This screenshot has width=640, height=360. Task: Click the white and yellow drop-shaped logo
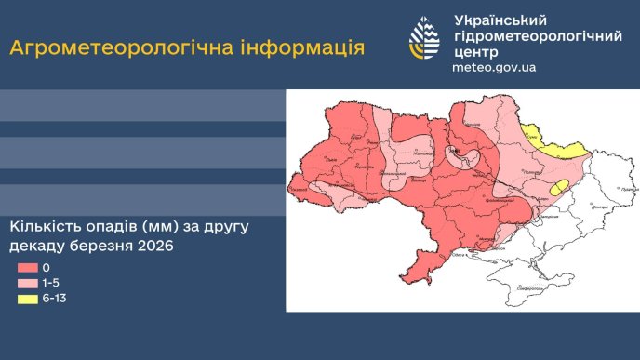pyautogui.click(x=425, y=38)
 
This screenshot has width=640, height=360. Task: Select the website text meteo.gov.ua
pyautogui.click(x=493, y=68)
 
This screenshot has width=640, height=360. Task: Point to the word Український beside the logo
pyautogui.click(x=500, y=20)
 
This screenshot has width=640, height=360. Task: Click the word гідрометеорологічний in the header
pyautogui.click(x=538, y=36)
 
